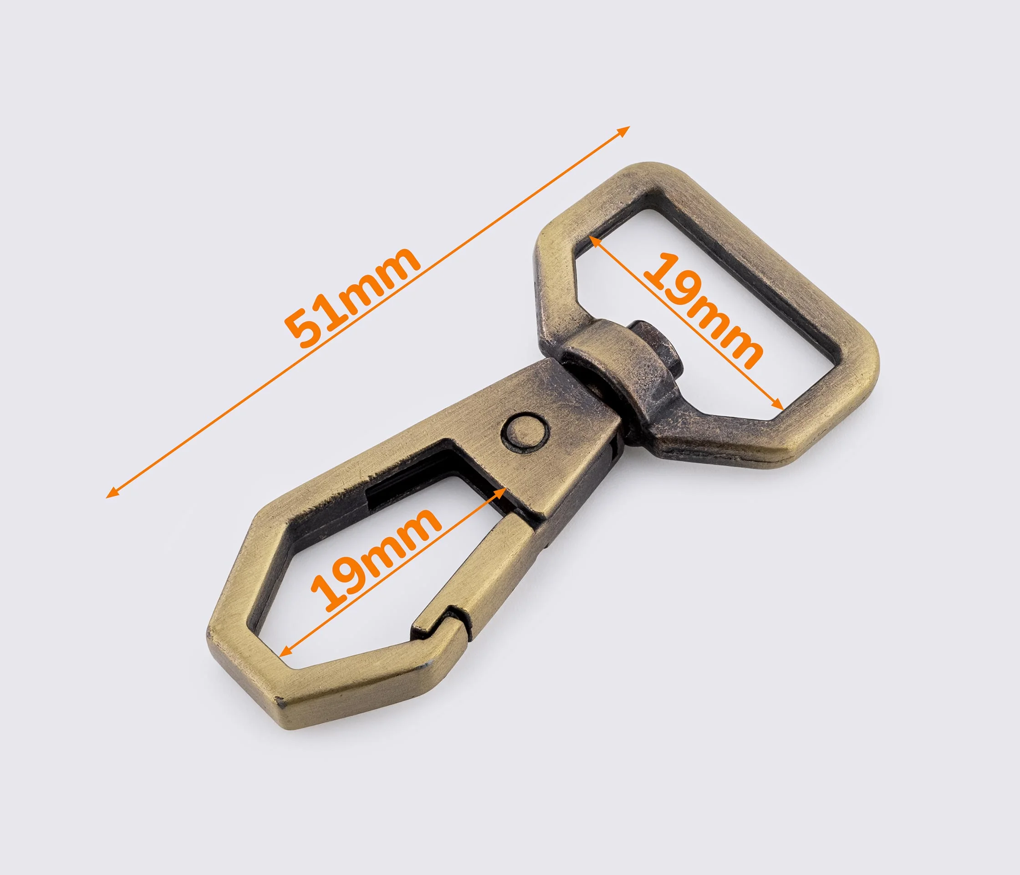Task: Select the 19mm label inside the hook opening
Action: pos(375,558)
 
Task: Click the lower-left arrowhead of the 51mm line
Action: pos(112,493)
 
